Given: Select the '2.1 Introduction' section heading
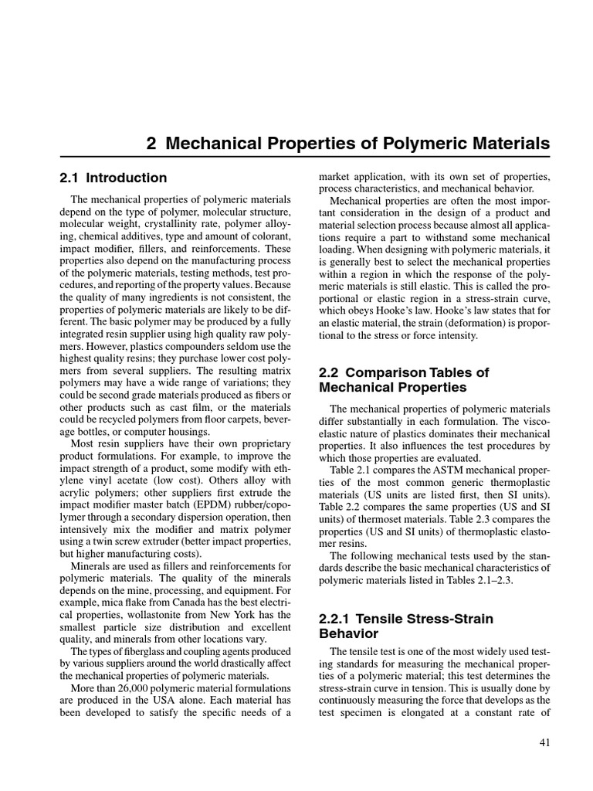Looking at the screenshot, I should coord(113,178).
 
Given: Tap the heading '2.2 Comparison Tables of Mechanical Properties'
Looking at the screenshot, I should coord(404,379).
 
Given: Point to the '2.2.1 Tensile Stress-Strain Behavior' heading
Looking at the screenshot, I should coord(405,626).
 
